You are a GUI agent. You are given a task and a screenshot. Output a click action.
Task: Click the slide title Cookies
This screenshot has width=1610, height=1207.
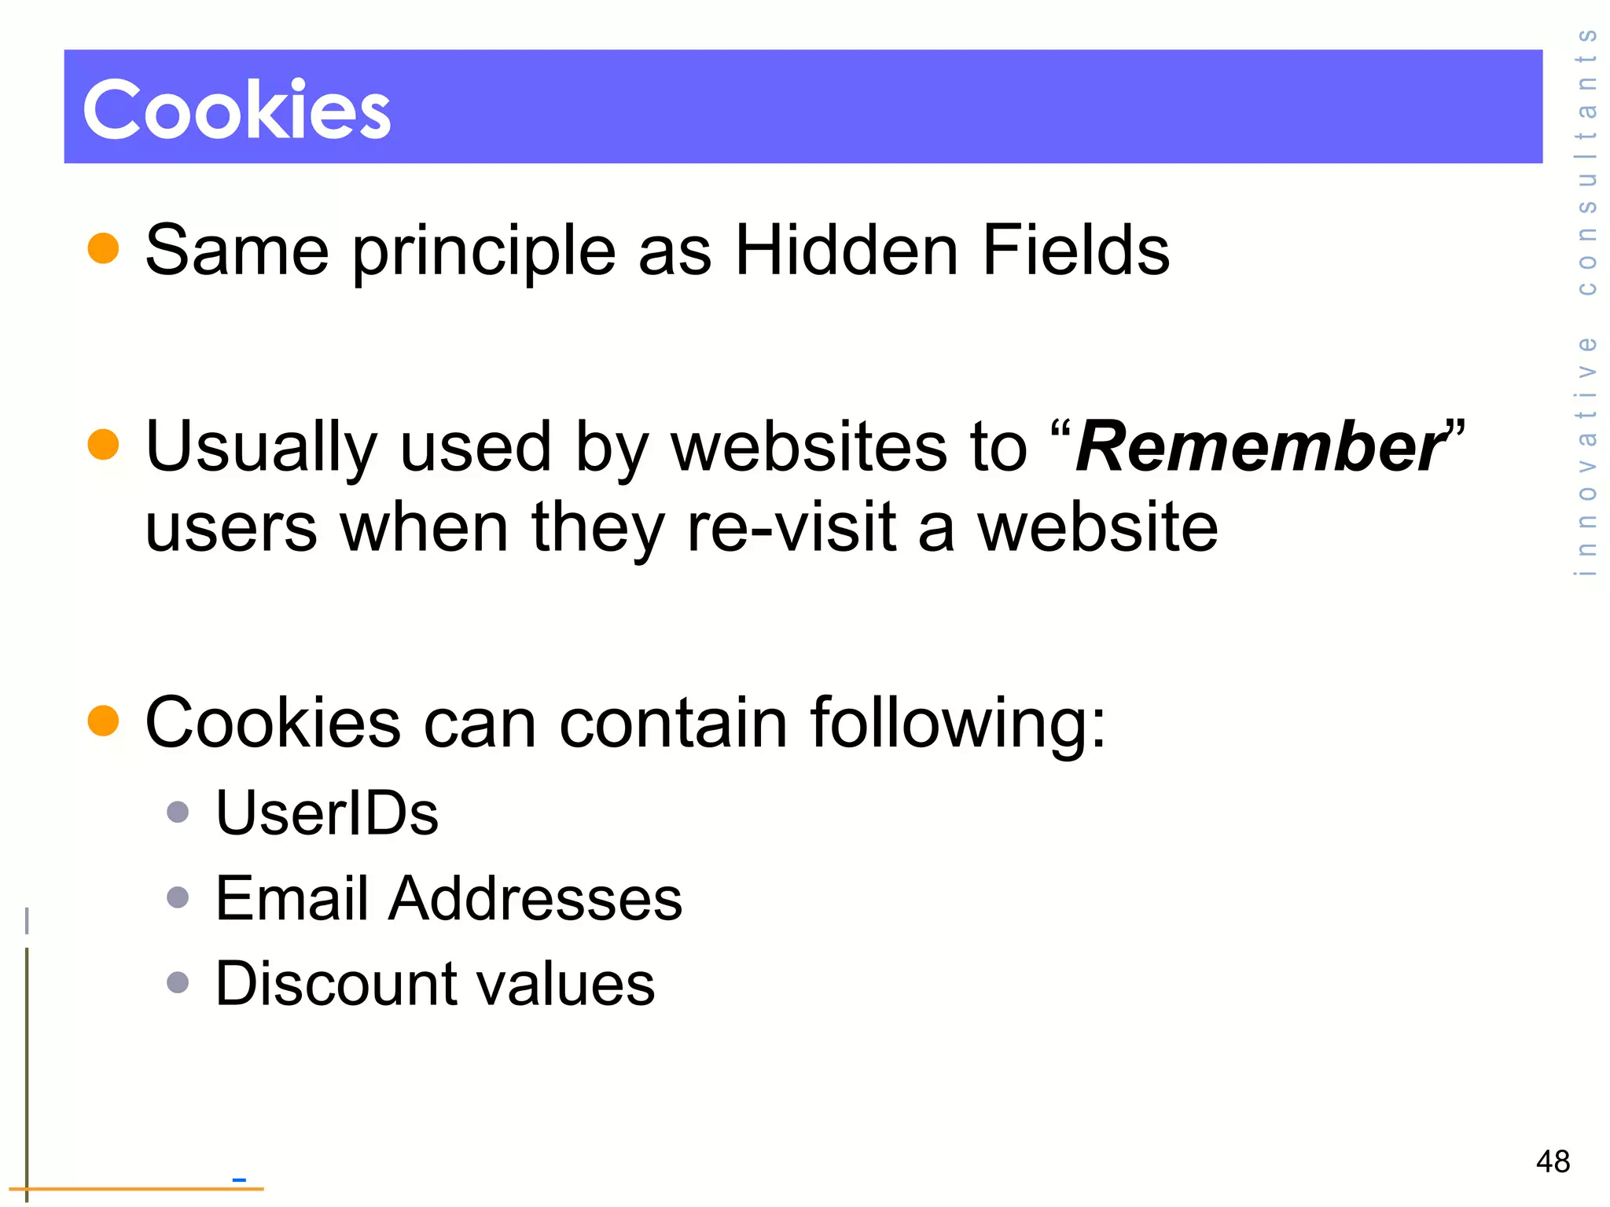pyautogui.click(x=237, y=109)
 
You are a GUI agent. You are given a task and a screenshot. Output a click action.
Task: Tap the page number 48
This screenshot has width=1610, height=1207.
pyautogui.click(x=1553, y=1161)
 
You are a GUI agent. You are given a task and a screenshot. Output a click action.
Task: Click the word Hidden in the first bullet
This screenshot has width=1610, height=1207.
pyautogui.click(x=846, y=251)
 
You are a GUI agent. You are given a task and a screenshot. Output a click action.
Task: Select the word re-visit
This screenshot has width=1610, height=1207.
pyautogui.click(x=791, y=527)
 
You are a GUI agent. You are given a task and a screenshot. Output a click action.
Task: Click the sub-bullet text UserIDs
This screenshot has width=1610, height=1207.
pyautogui.click(x=326, y=813)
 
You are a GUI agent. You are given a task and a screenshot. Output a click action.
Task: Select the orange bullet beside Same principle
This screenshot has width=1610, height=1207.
pyautogui.click(x=103, y=248)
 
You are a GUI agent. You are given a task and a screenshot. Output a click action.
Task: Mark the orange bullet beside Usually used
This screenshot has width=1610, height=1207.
pyautogui.click(x=103, y=444)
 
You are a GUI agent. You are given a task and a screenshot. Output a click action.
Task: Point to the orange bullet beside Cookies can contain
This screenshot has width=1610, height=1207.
pyautogui.click(x=103, y=720)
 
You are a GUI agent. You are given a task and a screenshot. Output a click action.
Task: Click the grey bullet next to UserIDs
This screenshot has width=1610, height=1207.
pyautogui.click(x=178, y=812)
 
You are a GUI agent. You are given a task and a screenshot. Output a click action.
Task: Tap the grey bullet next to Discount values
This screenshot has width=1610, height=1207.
pyautogui.click(x=178, y=982)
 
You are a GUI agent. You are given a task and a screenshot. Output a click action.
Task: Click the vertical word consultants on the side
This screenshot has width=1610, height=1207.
pyautogui.click(x=1587, y=162)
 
